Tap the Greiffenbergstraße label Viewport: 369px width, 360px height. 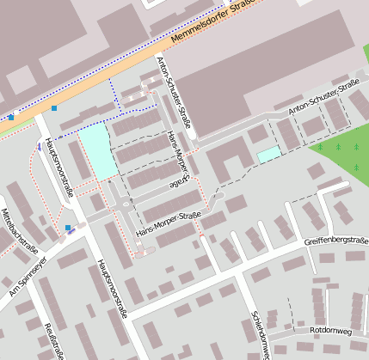click(x=336, y=242)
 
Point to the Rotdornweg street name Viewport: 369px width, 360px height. click(x=331, y=330)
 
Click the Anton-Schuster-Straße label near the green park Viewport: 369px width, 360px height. click(x=323, y=96)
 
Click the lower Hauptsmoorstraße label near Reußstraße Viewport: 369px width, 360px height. click(x=112, y=288)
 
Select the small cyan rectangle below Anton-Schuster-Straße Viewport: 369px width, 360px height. click(x=269, y=154)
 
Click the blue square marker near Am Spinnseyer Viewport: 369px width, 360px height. click(x=68, y=228)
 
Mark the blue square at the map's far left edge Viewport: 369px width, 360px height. click(x=10, y=117)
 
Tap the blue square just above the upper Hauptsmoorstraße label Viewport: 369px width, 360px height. click(x=54, y=108)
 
